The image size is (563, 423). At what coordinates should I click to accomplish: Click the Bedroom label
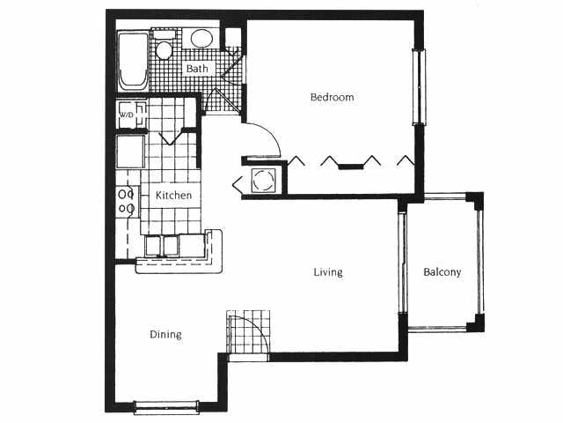[332, 97]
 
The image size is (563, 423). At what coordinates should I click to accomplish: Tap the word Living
[328, 272]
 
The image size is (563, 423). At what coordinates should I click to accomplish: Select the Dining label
[165, 335]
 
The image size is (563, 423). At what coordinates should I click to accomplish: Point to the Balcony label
[442, 272]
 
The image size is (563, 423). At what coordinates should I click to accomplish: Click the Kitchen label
[173, 195]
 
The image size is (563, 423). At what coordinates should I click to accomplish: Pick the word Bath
[196, 68]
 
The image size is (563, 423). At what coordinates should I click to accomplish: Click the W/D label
[127, 115]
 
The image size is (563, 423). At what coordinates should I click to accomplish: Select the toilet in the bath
[164, 48]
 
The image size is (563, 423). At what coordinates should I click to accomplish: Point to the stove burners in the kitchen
[126, 201]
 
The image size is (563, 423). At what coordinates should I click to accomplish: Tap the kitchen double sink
[162, 246]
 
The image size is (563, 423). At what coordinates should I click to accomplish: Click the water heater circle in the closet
[264, 181]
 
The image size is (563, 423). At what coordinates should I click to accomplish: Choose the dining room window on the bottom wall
[166, 407]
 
